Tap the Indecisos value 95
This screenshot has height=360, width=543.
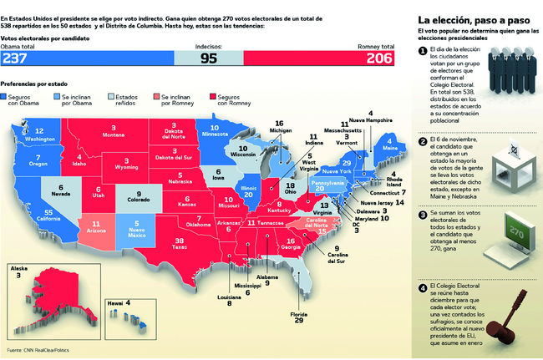point(209,58)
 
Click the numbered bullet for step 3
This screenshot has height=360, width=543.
point(424,215)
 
